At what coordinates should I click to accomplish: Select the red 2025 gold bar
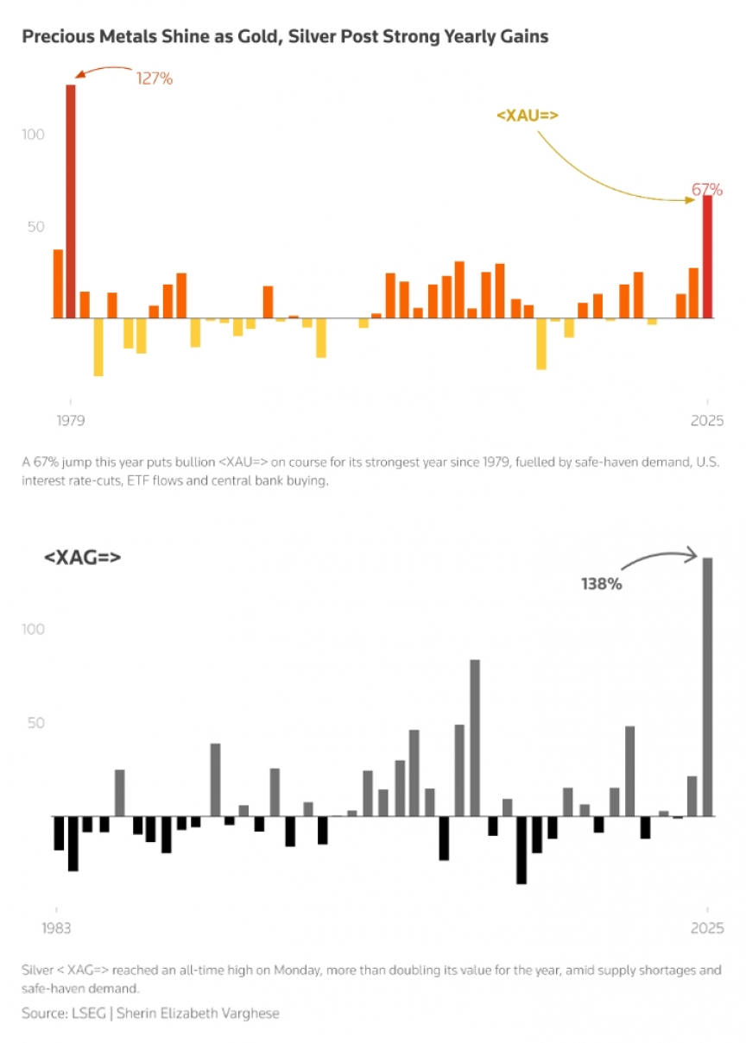[x=707, y=256]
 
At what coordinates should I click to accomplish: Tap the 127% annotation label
[x=155, y=79]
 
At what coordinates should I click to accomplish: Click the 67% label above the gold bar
[x=706, y=189]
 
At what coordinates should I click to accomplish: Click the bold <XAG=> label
[x=82, y=557]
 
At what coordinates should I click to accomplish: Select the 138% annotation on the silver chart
[x=601, y=584]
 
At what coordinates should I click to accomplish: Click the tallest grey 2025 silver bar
[x=707, y=686]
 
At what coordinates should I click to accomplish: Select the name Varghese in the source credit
[x=249, y=1013]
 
